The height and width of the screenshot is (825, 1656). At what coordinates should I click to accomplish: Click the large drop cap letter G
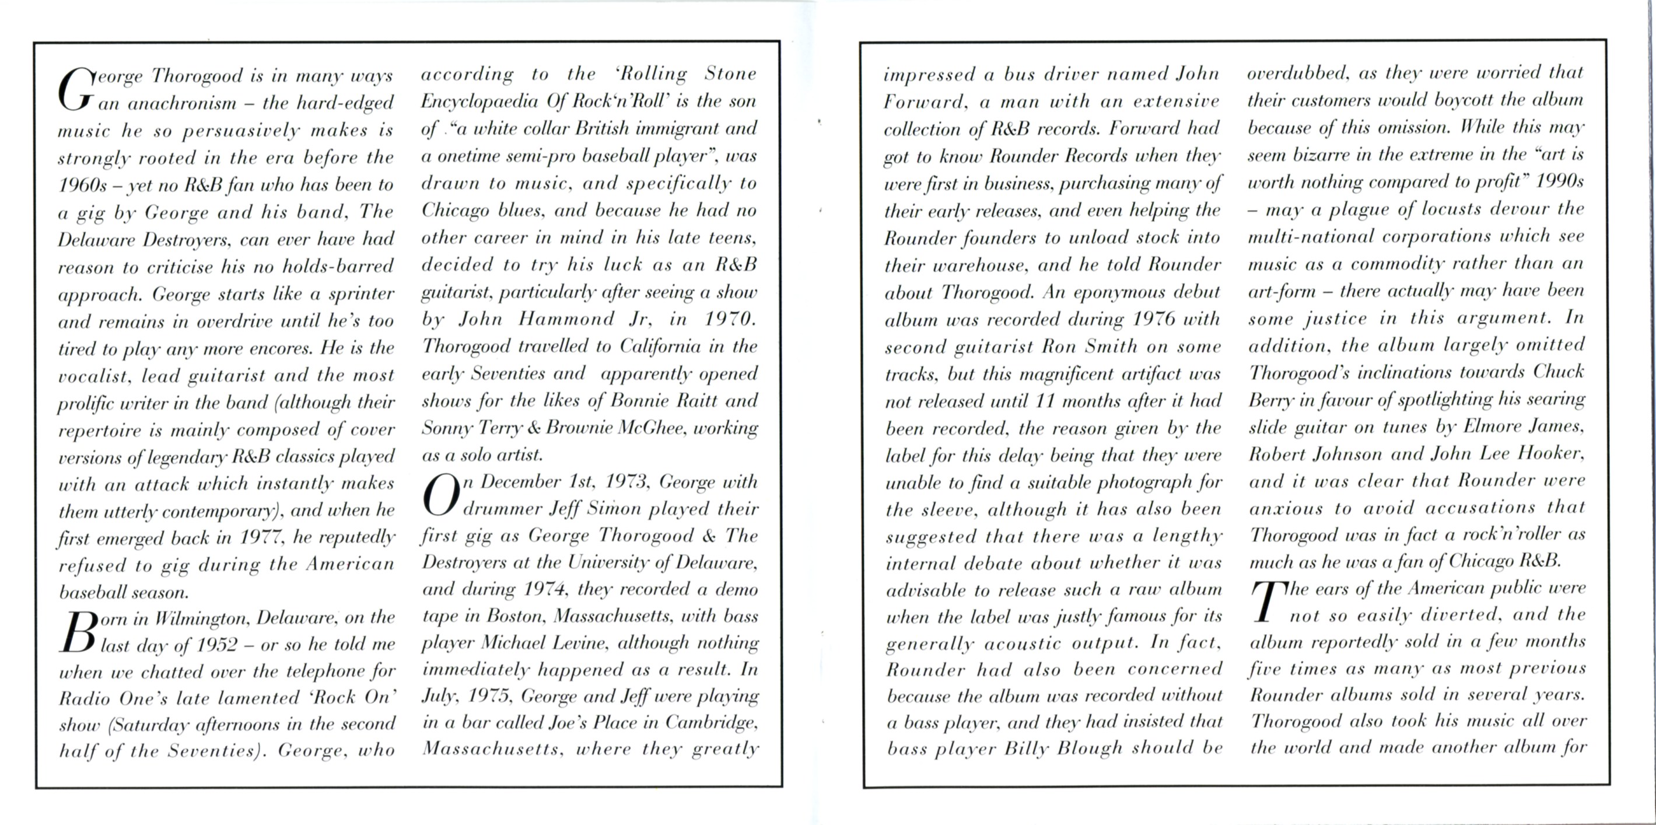tap(75, 90)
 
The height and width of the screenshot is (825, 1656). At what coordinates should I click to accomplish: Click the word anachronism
tap(182, 103)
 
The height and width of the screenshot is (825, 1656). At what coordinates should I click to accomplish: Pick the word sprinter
tap(361, 294)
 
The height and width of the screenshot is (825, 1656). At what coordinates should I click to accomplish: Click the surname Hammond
tap(566, 319)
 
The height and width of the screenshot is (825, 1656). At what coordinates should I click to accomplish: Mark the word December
tap(521, 481)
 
